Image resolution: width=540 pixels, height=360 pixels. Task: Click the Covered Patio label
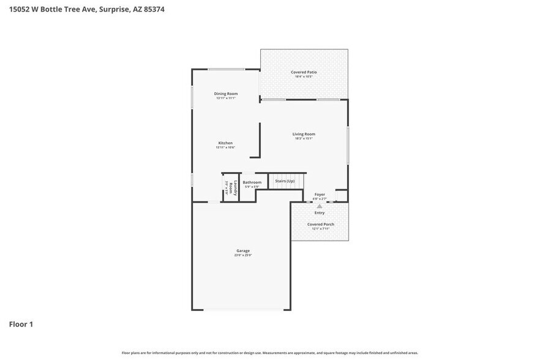303,72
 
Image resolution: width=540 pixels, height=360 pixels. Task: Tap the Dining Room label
226,94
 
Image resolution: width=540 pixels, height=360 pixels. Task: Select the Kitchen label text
225,143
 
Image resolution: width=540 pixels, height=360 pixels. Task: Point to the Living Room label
304,134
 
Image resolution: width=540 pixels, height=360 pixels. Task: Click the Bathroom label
252,182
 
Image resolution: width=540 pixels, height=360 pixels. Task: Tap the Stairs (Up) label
285,181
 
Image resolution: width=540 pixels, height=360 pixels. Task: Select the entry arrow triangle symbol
319,206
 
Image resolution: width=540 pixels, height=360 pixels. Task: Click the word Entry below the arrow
320,213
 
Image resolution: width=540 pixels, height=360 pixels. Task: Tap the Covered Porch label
321,224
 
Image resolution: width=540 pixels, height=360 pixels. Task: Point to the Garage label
243,250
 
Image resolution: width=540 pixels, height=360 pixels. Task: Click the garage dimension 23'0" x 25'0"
243,255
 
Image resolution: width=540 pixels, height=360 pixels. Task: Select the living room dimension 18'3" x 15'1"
304,138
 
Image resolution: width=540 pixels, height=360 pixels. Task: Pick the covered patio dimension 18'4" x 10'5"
303,77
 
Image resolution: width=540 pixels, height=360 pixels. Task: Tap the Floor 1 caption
21,324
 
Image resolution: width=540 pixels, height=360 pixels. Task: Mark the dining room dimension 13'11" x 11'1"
226,98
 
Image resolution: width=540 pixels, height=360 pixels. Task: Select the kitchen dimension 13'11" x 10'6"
225,148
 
